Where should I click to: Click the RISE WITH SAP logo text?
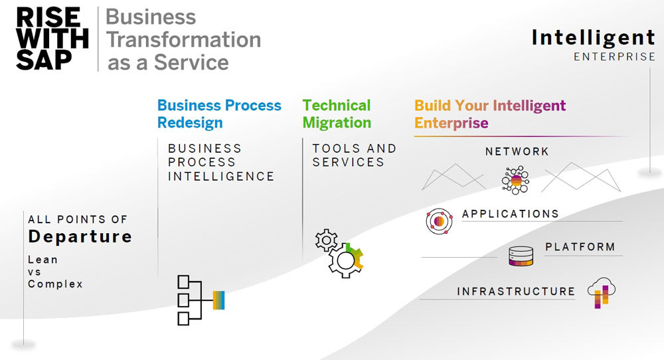click(x=52, y=39)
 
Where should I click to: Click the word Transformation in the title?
click(x=183, y=39)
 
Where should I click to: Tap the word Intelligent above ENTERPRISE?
click(x=593, y=37)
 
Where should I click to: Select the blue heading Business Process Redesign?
click(x=219, y=114)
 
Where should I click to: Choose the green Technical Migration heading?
click(x=337, y=114)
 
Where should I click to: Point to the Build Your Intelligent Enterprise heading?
click(x=490, y=114)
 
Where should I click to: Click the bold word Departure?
click(x=80, y=236)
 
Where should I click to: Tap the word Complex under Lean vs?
click(x=55, y=284)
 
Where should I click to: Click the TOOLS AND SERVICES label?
click(x=354, y=155)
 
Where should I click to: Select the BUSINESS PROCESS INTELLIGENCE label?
click(x=220, y=162)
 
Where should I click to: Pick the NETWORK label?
click(x=517, y=151)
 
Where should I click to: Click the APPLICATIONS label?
click(x=510, y=214)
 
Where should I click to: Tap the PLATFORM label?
click(x=580, y=246)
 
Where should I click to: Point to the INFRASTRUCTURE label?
click(x=515, y=291)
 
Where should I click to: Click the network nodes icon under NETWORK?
click(x=516, y=179)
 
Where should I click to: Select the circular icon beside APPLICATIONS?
click(x=439, y=221)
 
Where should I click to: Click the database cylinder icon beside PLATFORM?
click(x=521, y=256)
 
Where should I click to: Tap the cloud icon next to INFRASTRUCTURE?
click(x=602, y=292)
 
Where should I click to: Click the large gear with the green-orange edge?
click(x=346, y=260)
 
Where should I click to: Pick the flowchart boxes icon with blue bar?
click(x=200, y=300)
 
